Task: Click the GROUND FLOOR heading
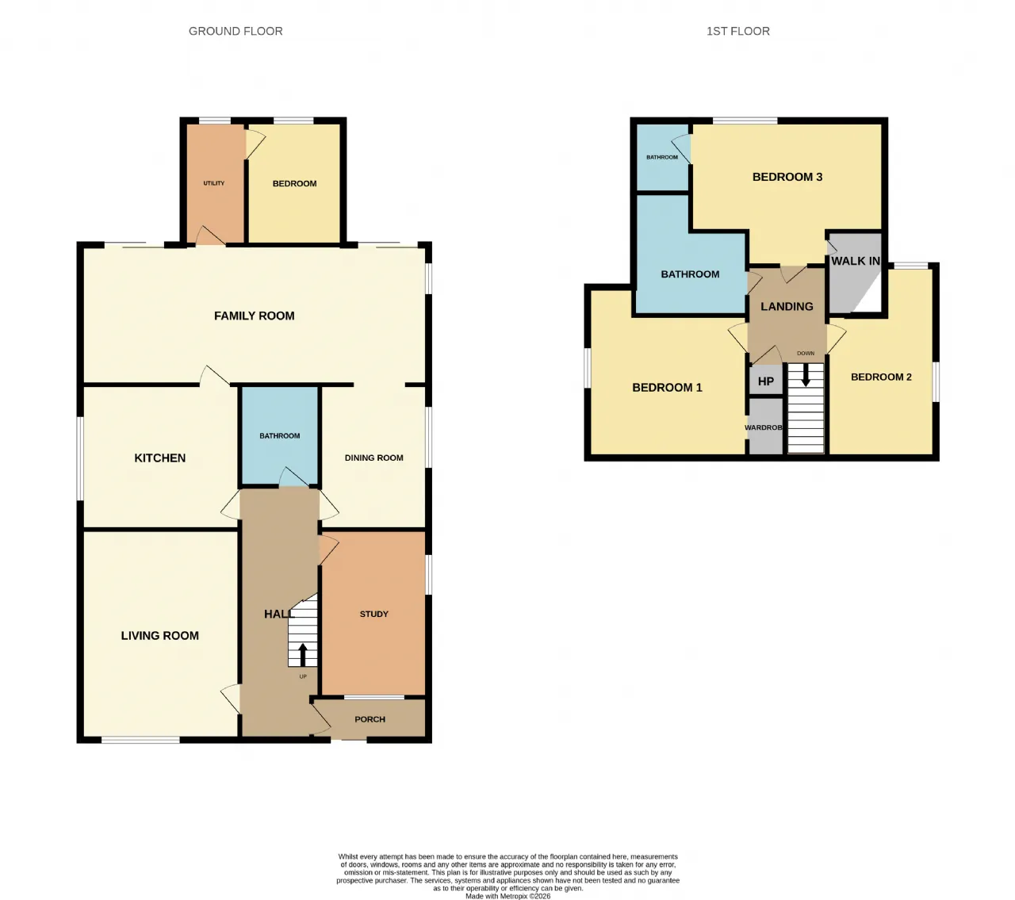pyautogui.click(x=236, y=31)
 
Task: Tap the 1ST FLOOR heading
pyautogui.click(x=738, y=31)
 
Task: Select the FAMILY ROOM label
pyautogui.click(x=254, y=316)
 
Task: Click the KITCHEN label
pyautogui.click(x=160, y=458)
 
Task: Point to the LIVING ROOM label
pyautogui.click(x=160, y=635)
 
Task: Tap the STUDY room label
pyautogui.click(x=373, y=614)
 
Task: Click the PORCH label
pyautogui.click(x=370, y=719)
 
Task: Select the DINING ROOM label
pyautogui.click(x=373, y=458)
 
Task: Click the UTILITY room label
pyautogui.click(x=214, y=183)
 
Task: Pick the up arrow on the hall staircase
pyautogui.click(x=303, y=654)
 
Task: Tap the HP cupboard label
pyautogui.click(x=765, y=381)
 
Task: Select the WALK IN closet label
pyautogui.click(x=855, y=261)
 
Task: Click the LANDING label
pyautogui.click(x=787, y=306)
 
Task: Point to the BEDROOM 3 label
pyautogui.click(x=787, y=177)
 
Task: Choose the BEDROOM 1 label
pyautogui.click(x=667, y=388)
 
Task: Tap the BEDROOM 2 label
pyautogui.click(x=881, y=377)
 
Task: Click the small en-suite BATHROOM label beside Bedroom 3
pyautogui.click(x=662, y=157)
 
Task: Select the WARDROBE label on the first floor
pyautogui.click(x=763, y=427)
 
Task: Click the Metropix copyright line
pyautogui.click(x=507, y=896)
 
